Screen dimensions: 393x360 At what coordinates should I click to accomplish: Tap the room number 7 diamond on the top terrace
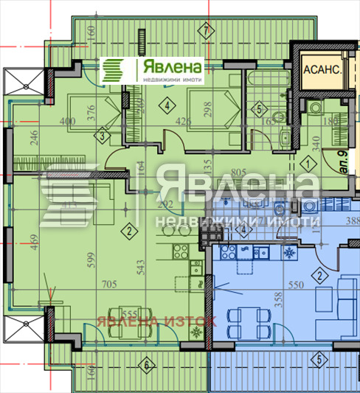click(x=205, y=29)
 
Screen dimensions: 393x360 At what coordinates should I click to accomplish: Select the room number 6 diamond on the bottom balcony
click(x=147, y=364)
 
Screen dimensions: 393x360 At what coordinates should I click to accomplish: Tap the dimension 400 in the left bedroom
click(x=68, y=122)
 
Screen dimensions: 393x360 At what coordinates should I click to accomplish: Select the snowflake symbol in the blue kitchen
click(x=286, y=253)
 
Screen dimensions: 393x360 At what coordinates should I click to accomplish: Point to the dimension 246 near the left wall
click(x=34, y=139)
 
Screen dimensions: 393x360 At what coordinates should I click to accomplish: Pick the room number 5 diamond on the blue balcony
click(x=319, y=361)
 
